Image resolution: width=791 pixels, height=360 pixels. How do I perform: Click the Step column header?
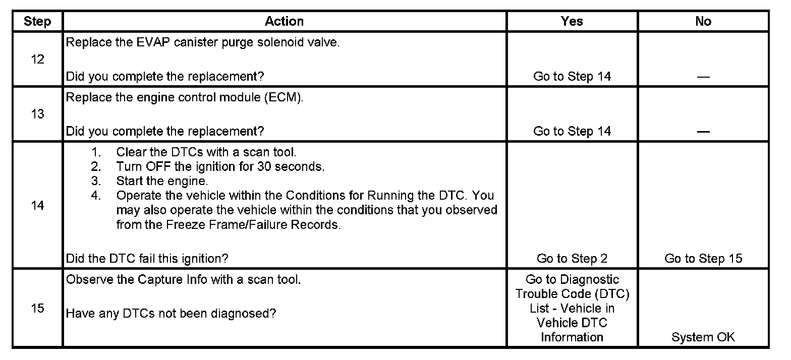point(37,21)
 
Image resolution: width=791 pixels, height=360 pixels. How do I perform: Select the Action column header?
point(284,21)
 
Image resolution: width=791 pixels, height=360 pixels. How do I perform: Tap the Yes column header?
point(572,21)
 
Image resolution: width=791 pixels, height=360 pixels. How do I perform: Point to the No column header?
point(703,21)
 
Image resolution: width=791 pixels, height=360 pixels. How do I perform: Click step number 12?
point(37,59)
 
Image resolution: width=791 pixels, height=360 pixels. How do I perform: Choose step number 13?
point(37,114)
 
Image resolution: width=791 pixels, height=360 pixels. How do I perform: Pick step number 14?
point(37,206)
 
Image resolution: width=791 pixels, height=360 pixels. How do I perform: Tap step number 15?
point(37,309)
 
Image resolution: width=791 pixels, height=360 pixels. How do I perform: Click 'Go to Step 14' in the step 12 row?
point(572,77)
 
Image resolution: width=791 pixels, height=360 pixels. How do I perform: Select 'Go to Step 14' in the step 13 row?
point(572,132)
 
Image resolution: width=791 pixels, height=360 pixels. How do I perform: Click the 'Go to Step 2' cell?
point(572,259)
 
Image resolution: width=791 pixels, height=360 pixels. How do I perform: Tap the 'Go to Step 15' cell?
point(703,259)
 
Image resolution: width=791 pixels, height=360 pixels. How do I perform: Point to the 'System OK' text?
point(703,338)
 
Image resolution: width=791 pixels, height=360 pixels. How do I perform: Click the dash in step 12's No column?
point(703,77)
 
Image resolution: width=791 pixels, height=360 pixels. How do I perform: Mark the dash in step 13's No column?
point(703,132)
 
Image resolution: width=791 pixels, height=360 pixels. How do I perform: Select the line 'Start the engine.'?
point(162,181)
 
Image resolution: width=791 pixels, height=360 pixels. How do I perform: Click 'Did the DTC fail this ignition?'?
point(147,259)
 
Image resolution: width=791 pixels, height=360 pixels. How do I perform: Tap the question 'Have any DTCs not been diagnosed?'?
point(171,314)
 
